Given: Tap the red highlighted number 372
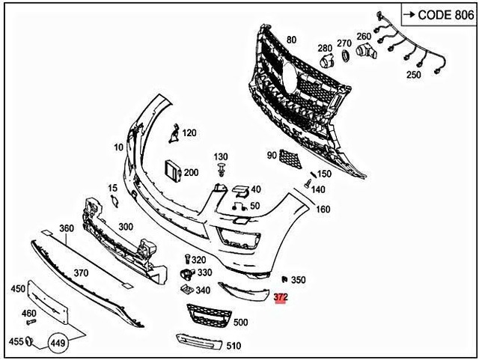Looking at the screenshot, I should pyautogui.click(x=281, y=298).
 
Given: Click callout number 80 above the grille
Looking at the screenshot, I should pyautogui.click(x=291, y=40).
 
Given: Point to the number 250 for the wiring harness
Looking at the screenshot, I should pyautogui.click(x=414, y=75).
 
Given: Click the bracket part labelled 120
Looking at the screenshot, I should pyautogui.click(x=173, y=134).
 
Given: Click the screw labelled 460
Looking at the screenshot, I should pyautogui.click(x=31, y=322).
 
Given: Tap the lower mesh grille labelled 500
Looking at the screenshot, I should pyautogui.click(x=207, y=317).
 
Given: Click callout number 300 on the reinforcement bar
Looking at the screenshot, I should pyautogui.click(x=125, y=227).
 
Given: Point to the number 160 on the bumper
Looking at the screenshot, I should pyautogui.click(x=323, y=209).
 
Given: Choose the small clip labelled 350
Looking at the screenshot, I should pyautogui.click(x=284, y=278).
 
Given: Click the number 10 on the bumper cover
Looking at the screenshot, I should pyautogui.click(x=118, y=147).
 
